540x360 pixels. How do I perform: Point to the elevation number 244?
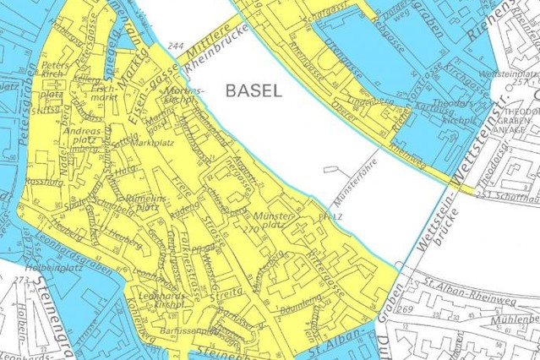click(x=176, y=45)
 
